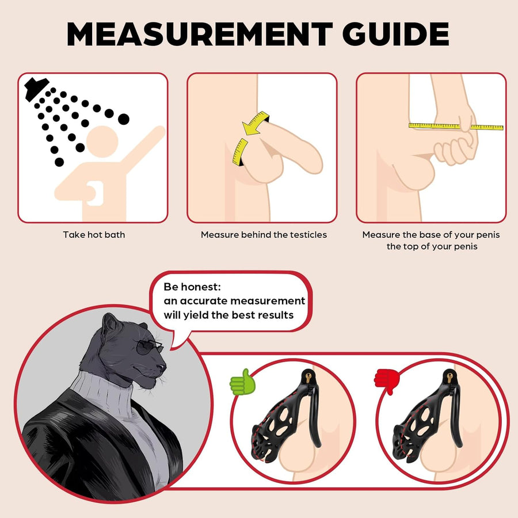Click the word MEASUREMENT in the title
[200, 34]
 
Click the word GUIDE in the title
[395, 34]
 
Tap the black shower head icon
[36, 88]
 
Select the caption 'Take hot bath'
[94, 235]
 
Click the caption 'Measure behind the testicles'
[264, 235]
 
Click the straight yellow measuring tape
[456, 126]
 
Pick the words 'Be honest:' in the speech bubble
[192, 287]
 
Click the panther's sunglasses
[149, 346]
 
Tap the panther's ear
[109, 323]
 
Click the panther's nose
[162, 367]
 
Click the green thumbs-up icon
[242, 382]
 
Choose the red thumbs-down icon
[387, 381]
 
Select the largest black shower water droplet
[124, 119]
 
